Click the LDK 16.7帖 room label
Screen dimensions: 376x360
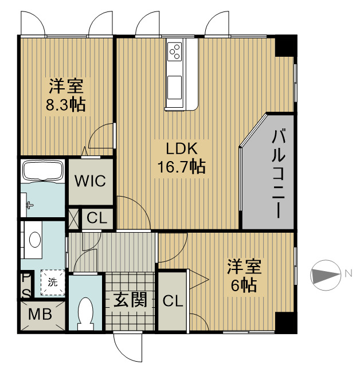click(x=182, y=158)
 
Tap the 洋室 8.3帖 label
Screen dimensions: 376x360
click(x=66, y=96)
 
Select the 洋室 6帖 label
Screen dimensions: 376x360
click(x=245, y=276)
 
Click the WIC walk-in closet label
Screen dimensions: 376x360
click(x=91, y=181)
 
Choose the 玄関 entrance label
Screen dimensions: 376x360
click(x=130, y=300)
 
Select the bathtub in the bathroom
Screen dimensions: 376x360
click(x=42, y=171)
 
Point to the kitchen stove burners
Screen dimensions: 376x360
click(x=175, y=52)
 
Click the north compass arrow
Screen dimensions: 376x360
click(x=326, y=275)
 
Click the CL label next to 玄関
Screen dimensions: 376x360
click(x=172, y=300)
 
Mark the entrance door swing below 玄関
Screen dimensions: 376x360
click(x=127, y=346)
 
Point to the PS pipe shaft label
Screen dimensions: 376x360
click(x=25, y=285)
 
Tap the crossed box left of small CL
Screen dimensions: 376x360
click(x=73, y=218)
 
